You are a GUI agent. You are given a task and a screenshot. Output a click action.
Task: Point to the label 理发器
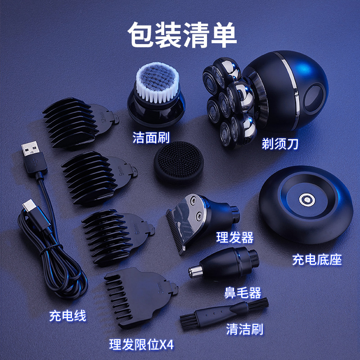point(235,237)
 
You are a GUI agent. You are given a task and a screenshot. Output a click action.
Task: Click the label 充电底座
point(317,259)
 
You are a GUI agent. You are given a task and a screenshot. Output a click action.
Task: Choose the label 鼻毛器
point(243,293)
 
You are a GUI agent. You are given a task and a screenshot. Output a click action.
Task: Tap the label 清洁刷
point(245,329)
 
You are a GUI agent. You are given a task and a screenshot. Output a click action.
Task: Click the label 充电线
point(67,315)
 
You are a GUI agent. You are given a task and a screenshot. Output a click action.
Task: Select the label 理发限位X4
point(141,345)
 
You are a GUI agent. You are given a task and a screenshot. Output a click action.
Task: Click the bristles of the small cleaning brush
point(189,320)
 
